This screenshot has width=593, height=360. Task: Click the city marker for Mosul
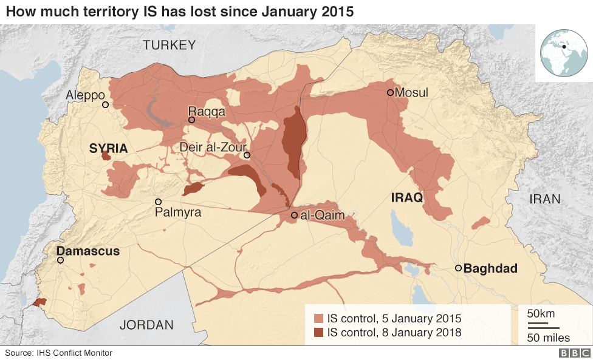click(x=390, y=93)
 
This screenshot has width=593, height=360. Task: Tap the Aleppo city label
click(x=86, y=95)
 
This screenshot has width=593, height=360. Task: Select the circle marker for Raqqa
click(x=191, y=120)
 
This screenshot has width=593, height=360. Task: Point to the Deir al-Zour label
click(x=213, y=147)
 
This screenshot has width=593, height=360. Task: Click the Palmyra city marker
click(x=158, y=202)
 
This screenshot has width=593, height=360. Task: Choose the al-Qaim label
click(x=322, y=215)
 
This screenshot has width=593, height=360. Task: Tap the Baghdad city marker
click(x=459, y=268)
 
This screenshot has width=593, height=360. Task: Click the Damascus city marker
click(x=60, y=260)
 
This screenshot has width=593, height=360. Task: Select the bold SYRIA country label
click(x=108, y=148)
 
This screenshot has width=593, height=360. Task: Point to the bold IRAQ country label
click(x=407, y=197)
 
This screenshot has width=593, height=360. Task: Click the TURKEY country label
click(x=170, y=45)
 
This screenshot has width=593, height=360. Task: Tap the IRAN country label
click(x=545, y=199)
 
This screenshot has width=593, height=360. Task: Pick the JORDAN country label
click(x=145, y=325)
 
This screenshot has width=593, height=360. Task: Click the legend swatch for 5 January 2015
click(x=318, y=319)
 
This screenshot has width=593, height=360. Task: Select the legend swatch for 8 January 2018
click(x=318, y=332)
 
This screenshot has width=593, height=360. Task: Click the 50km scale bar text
click(x=540, y=314)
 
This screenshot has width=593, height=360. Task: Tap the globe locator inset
click(x=563, y=53)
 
